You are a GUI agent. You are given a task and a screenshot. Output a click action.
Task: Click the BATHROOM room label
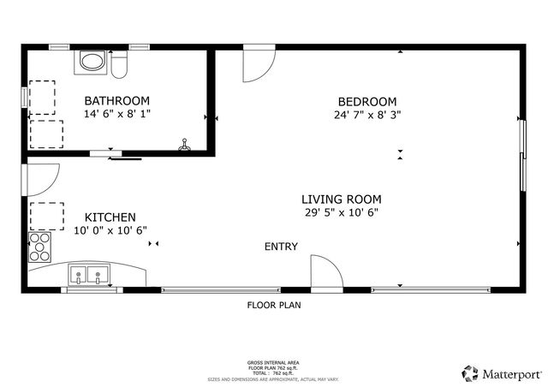click(x=116, y=100)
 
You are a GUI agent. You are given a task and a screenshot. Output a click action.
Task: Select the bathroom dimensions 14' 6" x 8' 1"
click(x=116, y=113)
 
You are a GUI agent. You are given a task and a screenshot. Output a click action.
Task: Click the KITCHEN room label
click(x=110, y=217)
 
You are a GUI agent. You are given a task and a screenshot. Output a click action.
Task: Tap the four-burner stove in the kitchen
click(x=39, y=247)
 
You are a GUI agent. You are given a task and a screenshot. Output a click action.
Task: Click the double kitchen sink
click(x=88, y=276)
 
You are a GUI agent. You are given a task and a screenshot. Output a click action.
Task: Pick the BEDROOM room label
click(x=366, y=100)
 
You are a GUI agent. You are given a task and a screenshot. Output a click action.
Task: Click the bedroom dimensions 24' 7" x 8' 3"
click(x=368, y=113)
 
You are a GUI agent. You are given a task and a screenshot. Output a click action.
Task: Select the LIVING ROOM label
click(x=341, y=199)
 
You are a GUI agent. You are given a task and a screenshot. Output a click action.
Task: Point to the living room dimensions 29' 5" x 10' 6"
click(x=341, y=212)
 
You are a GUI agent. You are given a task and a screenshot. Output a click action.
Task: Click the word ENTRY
click(x=281, y=247)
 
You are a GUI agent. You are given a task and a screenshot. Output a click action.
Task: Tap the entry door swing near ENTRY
click(x=324, y=272)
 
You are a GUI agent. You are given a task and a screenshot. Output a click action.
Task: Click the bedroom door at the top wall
click(x=258, y=63)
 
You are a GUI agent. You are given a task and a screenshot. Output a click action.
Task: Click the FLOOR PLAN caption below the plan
click(x=274, y=305)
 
